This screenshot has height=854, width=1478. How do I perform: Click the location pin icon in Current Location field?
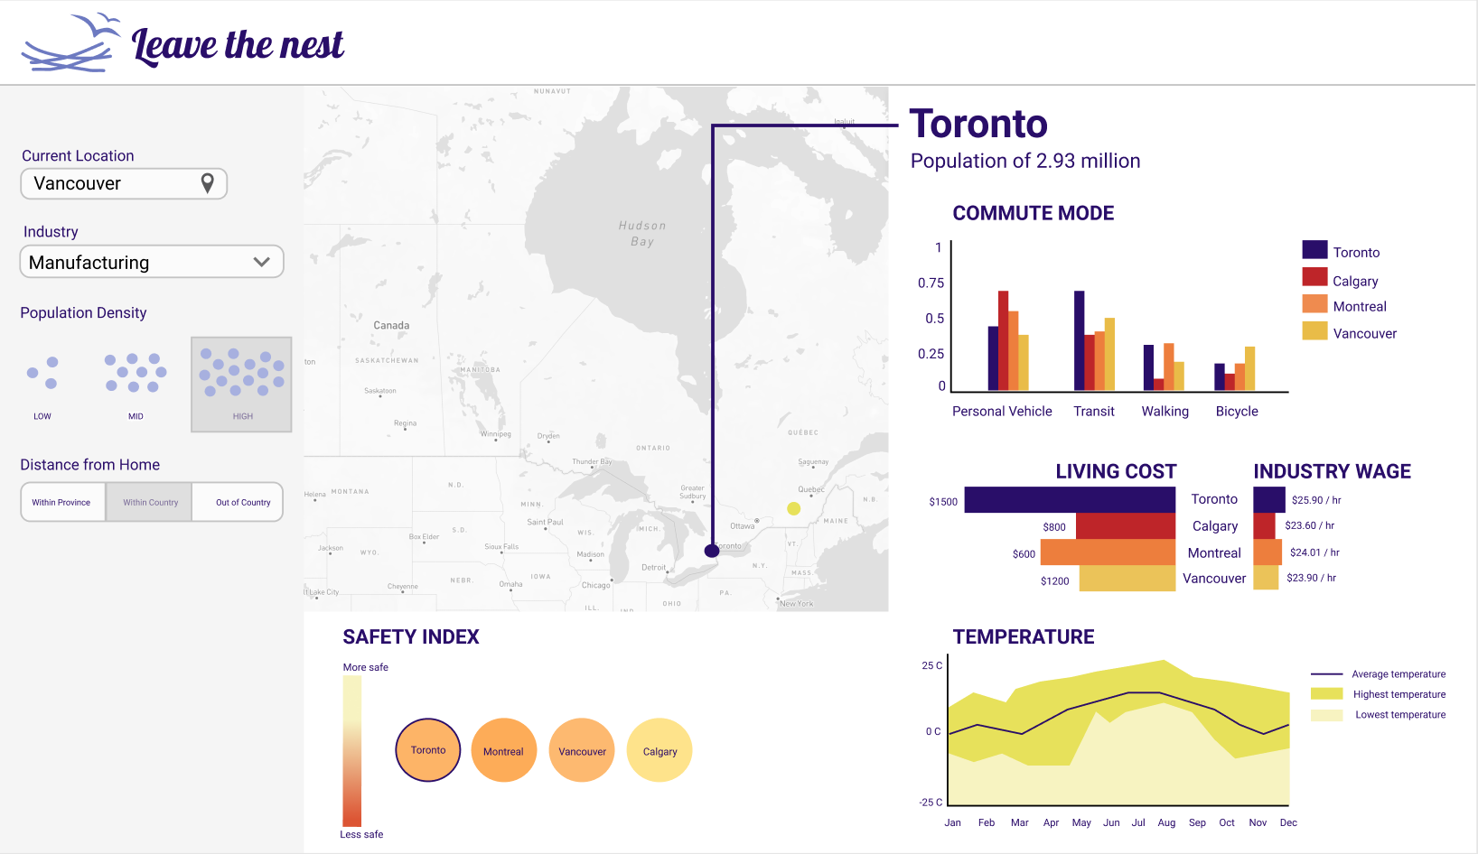pyautogui.click(x=207, y=183)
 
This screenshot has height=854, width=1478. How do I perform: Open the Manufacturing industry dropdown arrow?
pyautogui.click(x=262, y=262)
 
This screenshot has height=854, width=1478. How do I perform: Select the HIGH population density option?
pyautogui.click(x=241, y=384)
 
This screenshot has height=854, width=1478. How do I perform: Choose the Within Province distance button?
pyautogui.click(x=61, y=502)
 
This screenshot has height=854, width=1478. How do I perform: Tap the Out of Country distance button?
pyautogui.click(x=242, y=502)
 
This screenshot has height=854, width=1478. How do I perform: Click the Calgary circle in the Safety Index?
pyautogui.click(x=659, y=750)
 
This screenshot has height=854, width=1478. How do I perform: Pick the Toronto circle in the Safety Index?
pyautogui.click(x=428, y=750)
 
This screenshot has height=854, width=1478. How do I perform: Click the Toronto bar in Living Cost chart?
pyautogui.click(x=1070, y=499)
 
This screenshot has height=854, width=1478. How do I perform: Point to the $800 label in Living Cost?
pyautogui.click(x=1054, y=527)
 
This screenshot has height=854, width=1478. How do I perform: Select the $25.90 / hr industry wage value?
pyautogui.click(x=1316, y=500)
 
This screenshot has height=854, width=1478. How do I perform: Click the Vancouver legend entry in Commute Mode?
pyautogui.click(x=1364, y=333)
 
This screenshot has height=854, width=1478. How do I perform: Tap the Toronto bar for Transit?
pyautogui.click(x=1079, y=340)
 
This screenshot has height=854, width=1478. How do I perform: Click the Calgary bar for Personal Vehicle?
pyautogui.click(x=1003, y=340)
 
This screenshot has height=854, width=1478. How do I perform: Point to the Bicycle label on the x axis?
pyautogui.click(x=1237, y=411)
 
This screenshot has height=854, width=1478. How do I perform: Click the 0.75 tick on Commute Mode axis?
pyautogui.click(x=931, y=283)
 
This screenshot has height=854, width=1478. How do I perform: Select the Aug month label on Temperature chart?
pyautogui.click(x=1166, y=822)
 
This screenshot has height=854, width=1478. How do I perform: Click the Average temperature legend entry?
pyautogui.click(x=1398, y=674)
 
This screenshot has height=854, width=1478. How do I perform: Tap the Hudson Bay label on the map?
pyautogui.click(x=642, y=233)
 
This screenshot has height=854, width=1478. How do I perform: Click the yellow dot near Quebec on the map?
pyautogui.click(x=793, y=508)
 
